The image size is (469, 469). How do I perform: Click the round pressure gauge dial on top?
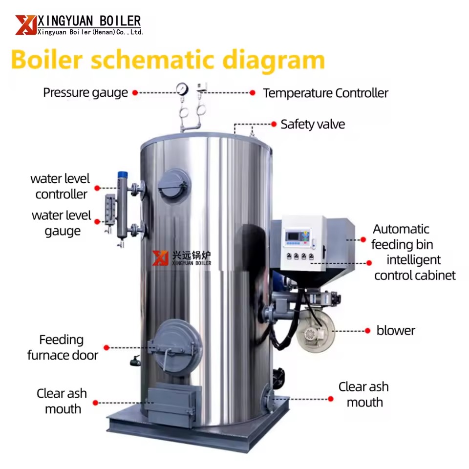click(x=182, y=89)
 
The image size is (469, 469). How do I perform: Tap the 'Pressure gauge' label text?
click(x=85, y=93)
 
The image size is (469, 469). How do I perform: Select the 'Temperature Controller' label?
click(x=325, y=93)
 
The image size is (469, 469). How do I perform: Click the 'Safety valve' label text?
click(x=313, y=124)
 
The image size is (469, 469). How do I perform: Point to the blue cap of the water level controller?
click(x=123, y=175)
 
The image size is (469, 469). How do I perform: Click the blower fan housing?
click(x=315, y=331)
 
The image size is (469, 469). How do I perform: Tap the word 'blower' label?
click(x=396, y=331)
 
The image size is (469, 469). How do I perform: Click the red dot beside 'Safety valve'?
click(x=274, y=124)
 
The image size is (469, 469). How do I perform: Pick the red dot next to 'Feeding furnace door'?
click(x=106, y=347)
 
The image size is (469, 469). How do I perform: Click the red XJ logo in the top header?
click(x=26, y=25)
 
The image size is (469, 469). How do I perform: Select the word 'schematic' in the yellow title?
click(x=153, y=60)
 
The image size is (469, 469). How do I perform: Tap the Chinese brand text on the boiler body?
click(x=192, y=255)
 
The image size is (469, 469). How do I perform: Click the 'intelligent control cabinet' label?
click(x=415, y=267)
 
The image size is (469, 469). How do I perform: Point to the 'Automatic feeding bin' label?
click(x=402, y=237)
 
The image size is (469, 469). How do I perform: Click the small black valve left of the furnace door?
click(x=135, y=362)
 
